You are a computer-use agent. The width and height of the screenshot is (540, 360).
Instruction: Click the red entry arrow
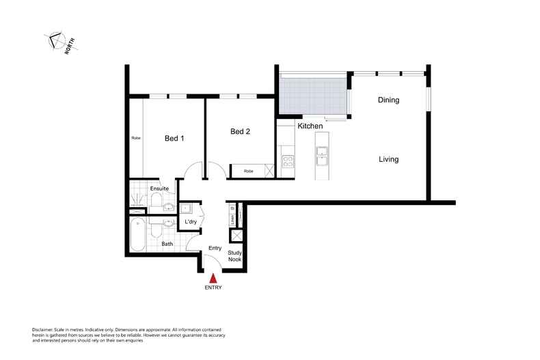[x=213, y=277]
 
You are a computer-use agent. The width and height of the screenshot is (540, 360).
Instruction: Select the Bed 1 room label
[x=174, y=138]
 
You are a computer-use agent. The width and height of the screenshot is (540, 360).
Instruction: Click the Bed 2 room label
[x=240, y=132]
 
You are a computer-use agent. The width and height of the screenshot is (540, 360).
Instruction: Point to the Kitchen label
[x=310, y=126]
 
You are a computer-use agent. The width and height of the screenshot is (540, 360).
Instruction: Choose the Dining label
[x=388, y=100]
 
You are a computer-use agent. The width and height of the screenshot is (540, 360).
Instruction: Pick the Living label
[x=388, y=159]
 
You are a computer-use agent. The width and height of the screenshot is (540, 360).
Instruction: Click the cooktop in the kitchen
[x=288, y=162]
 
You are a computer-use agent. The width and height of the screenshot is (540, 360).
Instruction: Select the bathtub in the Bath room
[x=137, y=234]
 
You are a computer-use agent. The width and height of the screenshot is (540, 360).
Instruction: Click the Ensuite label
[x=159, y=188]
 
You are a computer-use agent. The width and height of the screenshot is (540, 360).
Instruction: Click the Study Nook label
[x=235, y=256]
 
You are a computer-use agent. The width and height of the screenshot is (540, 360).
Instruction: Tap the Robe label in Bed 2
[x=249, y=171]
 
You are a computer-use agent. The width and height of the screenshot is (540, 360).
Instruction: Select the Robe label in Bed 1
[x=136, y=138]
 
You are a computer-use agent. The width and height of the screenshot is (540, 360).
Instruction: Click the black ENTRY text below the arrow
[x=213, y=288]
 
